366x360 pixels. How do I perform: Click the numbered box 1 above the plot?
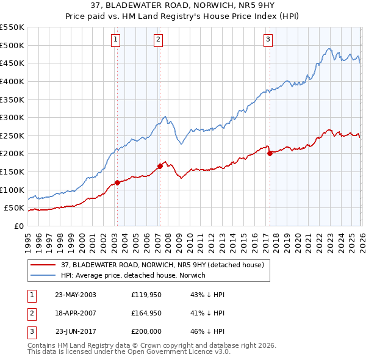pos(116,40)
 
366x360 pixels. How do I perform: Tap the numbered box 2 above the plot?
pos(158,40)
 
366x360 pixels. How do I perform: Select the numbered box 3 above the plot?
pos(268,40)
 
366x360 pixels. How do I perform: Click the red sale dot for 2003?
pos(117,182)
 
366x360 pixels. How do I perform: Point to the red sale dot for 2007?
pos(160,166)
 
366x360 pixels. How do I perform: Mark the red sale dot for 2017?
pos(270,154)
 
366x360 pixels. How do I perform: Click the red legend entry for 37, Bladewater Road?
pos(162,265)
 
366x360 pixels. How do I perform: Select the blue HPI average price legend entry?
pos(134,275)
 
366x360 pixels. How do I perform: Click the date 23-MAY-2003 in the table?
pos(76,295)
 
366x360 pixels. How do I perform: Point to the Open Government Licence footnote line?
pos(129,352)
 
